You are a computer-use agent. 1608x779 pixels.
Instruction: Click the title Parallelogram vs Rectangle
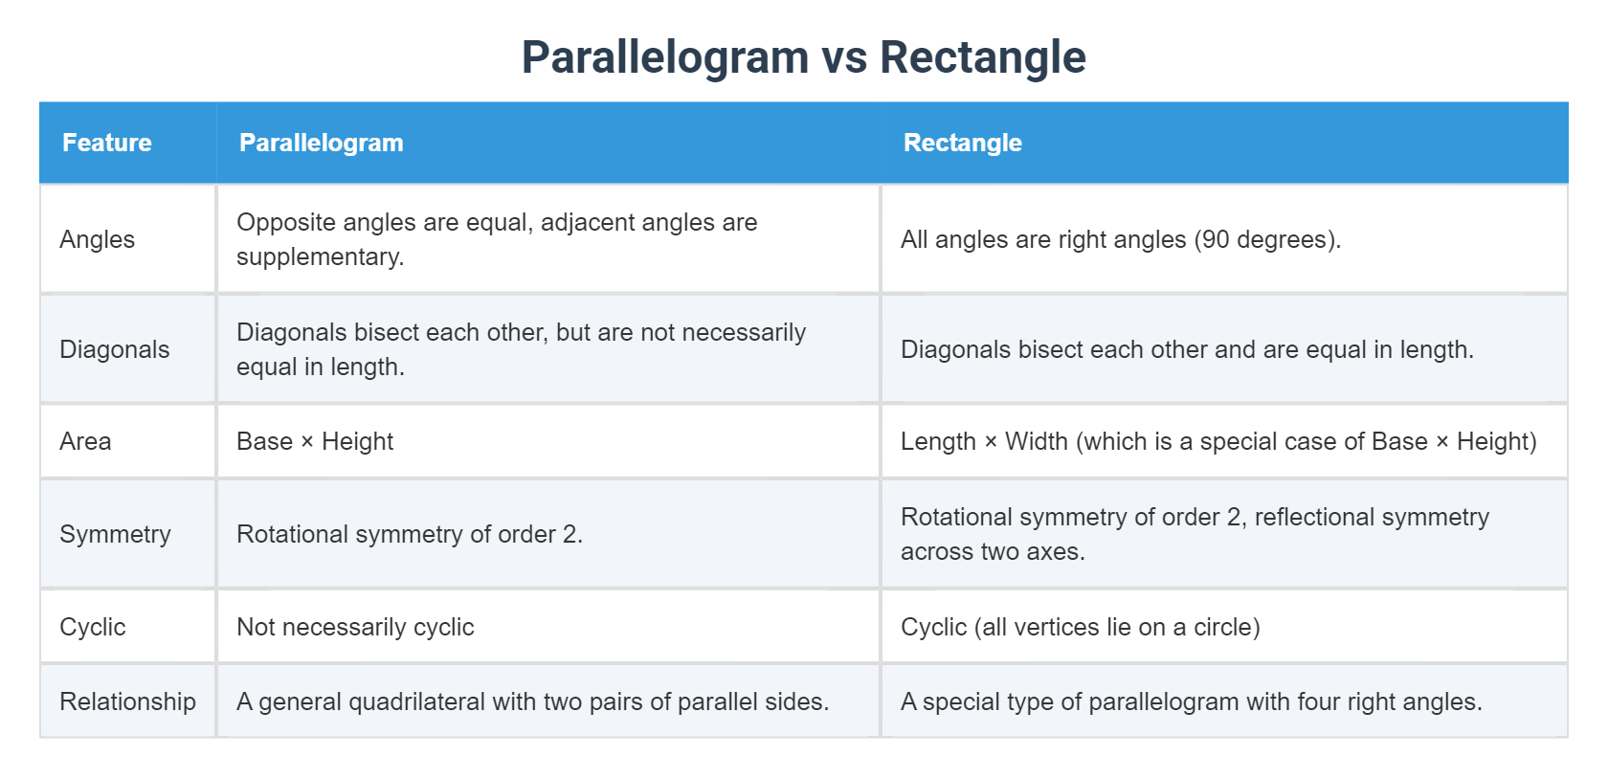803,57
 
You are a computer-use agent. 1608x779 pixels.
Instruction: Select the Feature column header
107,143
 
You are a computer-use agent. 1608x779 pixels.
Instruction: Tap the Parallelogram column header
321,143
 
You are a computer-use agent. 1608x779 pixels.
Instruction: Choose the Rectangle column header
962,143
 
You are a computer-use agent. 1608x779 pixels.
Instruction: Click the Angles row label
97,239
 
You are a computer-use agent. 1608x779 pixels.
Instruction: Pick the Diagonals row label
114,349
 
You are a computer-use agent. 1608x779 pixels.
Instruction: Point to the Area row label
85,441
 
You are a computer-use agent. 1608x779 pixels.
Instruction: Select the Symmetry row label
115,534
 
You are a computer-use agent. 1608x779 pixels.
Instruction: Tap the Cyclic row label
92,627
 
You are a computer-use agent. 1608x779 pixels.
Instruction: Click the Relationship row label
127,701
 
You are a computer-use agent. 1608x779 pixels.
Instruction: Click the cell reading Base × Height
315,441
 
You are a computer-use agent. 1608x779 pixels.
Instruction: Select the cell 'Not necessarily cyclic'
355,627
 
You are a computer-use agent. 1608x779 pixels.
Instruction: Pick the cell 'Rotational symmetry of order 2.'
410,534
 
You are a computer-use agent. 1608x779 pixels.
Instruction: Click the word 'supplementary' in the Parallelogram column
317,257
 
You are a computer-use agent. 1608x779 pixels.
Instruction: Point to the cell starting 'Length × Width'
1217,441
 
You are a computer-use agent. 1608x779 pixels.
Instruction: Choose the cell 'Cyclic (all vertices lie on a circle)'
1080,627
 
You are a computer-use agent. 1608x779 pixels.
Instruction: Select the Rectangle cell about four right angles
1191,701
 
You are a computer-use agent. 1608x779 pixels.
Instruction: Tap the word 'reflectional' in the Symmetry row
1311,517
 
